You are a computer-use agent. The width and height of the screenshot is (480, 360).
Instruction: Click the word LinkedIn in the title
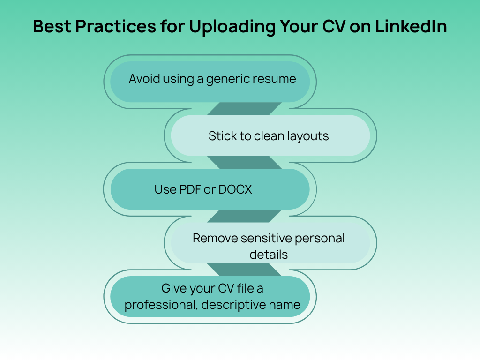tap(411, 26)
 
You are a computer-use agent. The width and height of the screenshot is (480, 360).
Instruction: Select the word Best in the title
tap(52, 26)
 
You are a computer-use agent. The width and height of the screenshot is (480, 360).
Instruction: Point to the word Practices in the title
tap(116, 26)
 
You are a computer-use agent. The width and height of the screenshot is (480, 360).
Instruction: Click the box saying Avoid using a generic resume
tap(210, 82)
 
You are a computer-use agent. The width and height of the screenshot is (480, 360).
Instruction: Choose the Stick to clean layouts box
tap(270, 135)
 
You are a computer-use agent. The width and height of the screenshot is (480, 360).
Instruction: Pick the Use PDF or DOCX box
tap(210, 189)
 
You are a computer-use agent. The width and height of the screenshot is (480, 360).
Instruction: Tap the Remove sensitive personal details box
tap(270, 243)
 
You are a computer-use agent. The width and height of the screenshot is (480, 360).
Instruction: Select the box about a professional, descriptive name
tap(210, 296)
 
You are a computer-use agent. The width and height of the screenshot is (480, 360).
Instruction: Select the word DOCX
tap(235, 189)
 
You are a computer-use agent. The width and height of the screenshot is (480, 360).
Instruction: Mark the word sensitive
tap(266, 239)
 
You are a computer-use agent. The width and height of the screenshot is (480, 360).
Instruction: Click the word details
tap(269, 255)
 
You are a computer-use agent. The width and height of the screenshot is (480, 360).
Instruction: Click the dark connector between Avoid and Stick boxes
tap(244, 109)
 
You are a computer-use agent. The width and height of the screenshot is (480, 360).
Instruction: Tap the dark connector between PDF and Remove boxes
tap(244, 216)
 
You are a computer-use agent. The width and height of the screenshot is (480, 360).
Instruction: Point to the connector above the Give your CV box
tap(244, 270)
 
